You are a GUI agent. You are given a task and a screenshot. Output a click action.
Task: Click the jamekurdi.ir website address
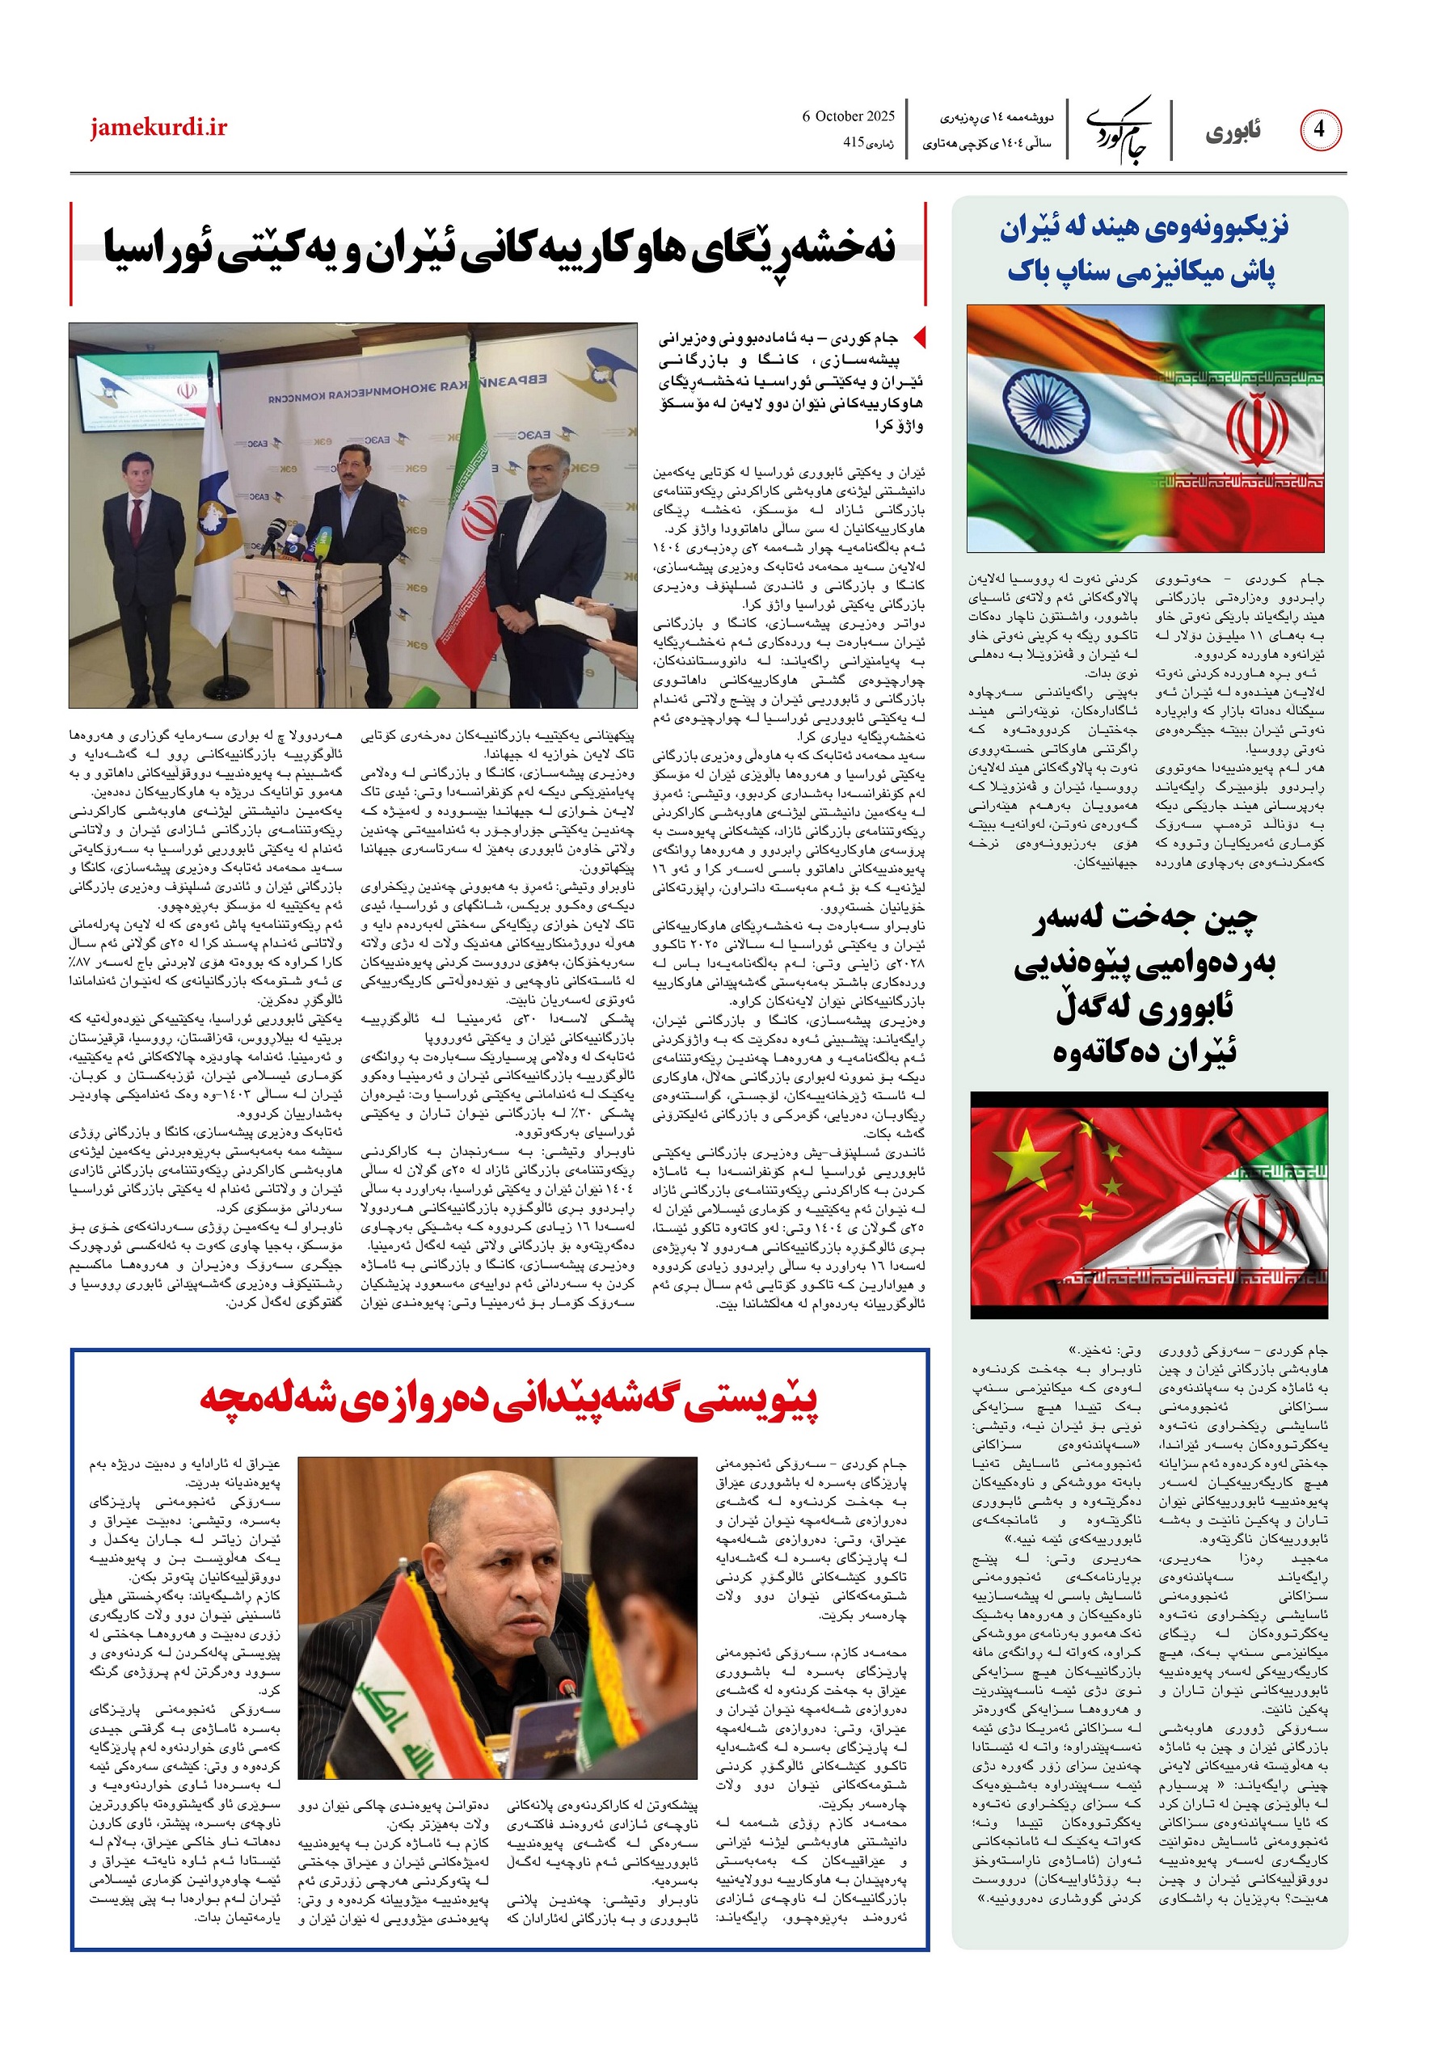click(x=158, y=128)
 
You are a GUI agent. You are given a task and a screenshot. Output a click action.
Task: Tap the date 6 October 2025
click(x=849, y=116)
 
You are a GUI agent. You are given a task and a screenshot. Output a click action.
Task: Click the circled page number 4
click(x=1319, y=130)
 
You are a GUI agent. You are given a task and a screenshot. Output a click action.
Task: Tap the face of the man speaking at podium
click(x=348, y=464)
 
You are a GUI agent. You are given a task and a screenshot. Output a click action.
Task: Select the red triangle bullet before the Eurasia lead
click(x=917, y=339)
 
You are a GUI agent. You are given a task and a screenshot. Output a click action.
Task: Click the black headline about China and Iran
click(x=1145, y=984)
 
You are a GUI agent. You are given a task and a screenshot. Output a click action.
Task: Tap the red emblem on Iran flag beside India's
click(x=1257, y=429)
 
